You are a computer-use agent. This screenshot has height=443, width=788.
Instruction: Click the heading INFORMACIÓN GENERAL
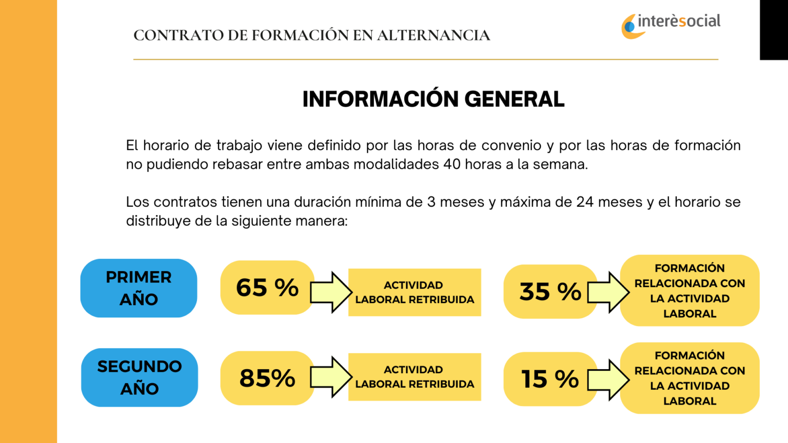click(433, 99)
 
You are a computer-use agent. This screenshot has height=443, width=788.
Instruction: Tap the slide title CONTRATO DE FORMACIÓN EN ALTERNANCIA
click(311, 35)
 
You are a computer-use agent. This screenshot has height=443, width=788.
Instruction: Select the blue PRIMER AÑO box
click(139, 288)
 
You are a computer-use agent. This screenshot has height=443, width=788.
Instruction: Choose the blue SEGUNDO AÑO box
click(140, 377)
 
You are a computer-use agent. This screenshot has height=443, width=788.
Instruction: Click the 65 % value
click(267, 288)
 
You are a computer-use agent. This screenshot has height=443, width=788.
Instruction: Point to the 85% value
click(267, 378)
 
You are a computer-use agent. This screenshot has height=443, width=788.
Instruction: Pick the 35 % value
click(550, 291)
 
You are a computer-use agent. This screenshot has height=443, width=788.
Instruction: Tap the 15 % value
click(550, 379)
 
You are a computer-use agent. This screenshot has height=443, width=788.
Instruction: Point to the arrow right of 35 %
click(608, 292)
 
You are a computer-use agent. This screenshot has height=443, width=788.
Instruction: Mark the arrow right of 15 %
click(608, 380)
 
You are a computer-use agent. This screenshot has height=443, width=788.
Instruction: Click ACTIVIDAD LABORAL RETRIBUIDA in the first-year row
click(415, 292)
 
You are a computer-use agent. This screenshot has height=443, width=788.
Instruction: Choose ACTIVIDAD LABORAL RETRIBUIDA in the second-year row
click(415, 377)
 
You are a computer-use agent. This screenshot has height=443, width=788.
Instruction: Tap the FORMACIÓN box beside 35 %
click(689, 291)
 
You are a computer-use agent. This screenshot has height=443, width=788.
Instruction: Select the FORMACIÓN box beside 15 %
click(689, 378)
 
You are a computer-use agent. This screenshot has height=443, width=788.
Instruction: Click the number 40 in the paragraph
click(452, 165)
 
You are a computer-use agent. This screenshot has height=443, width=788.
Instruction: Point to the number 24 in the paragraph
click(585, 202)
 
